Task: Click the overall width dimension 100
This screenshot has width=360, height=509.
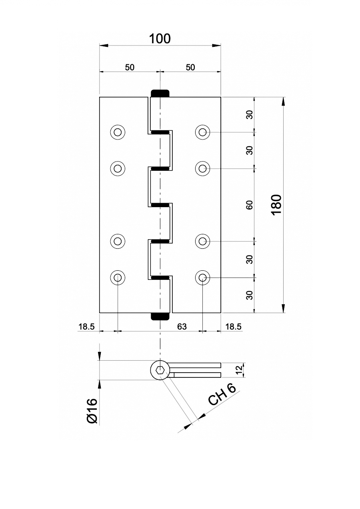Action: [x=160, y=39]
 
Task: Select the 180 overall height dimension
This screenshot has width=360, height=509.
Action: [x=276, y=204]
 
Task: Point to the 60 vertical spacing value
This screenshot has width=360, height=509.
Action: [x=250, y=205]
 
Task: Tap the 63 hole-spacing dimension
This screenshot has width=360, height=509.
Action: [x=182, y=327]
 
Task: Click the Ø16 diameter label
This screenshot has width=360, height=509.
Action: [x=92, y=411]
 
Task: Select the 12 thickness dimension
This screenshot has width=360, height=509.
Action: [x=239, y=370]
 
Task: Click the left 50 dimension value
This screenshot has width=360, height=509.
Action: [x=129, y=67]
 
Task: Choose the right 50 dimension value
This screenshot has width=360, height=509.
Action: [x=190, y=67]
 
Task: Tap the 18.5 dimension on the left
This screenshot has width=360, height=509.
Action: [x=86, y=327]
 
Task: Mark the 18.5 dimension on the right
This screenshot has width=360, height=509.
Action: [x=233, y=327]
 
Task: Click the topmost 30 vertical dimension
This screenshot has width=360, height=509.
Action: [x=250, y=115]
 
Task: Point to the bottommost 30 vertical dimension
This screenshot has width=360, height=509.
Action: [x=250, y=295]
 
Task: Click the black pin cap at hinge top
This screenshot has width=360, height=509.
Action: [x=160, y=94]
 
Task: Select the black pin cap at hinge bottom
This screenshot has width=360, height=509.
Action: [x=160, y=317]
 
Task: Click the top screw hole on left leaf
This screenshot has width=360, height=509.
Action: [x=118, y=132]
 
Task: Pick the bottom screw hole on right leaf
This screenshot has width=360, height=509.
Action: [x=203, y=277]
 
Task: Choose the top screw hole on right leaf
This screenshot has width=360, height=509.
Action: [x=203, y=132]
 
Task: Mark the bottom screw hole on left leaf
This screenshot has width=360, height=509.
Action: [x=118, y=277]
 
